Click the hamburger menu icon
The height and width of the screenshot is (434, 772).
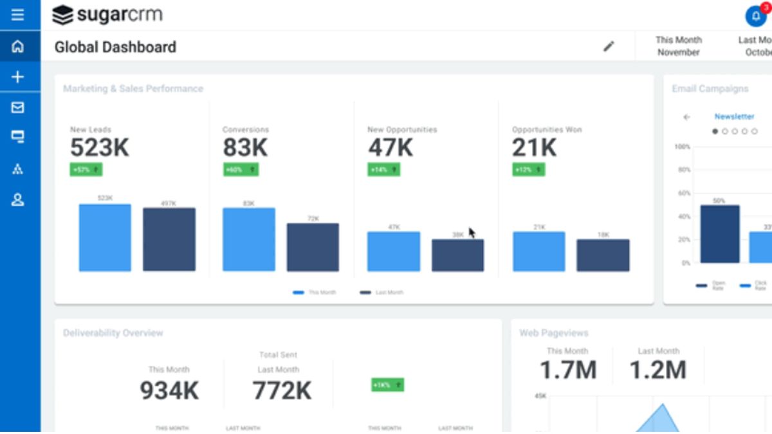pyautogui.click(x=18, y=15)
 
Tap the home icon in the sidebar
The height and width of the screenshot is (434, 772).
pyautogui.click(x=18, y=47)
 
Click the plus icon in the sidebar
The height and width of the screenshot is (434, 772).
pyautogui.click(x=18, y=77)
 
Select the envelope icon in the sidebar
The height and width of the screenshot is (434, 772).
pyautogui.click(x=18, y=107)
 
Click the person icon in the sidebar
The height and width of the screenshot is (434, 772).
pyautogui.click(x=18, y=200)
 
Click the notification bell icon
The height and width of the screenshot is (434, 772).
pyautogui.click(x=755, y=16)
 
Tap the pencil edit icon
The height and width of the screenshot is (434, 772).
pyautogui.click(x=609, y=46)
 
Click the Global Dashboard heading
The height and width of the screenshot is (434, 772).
pyautogui.click(x=115, y=47)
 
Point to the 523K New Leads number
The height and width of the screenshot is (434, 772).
pyautogui.click(x=100, y=148)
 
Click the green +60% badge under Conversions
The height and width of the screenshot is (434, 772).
pyautogui.click(x=240, y=170)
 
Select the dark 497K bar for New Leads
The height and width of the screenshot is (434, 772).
pyautogui.click(x=169, y=239)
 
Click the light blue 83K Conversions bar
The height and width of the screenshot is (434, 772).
pyautogui.click(x=249, y=239)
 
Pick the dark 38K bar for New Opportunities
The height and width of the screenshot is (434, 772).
pyautogui.click(x=457, y=255)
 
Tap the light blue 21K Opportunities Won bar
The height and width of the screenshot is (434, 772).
pyautogui.click(x=538, y=251)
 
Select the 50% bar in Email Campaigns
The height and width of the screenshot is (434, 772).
pyautogui.click(x=719, y=234)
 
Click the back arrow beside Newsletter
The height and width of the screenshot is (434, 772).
pyautogui.click(x=686, y=117)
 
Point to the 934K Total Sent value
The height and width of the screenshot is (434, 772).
pyautogui.click(x=169, y=390)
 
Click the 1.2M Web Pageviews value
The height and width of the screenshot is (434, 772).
pyautogui.click(x=657, y=370)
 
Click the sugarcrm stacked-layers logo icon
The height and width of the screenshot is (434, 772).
pyautogui.click(x=62, y=15)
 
